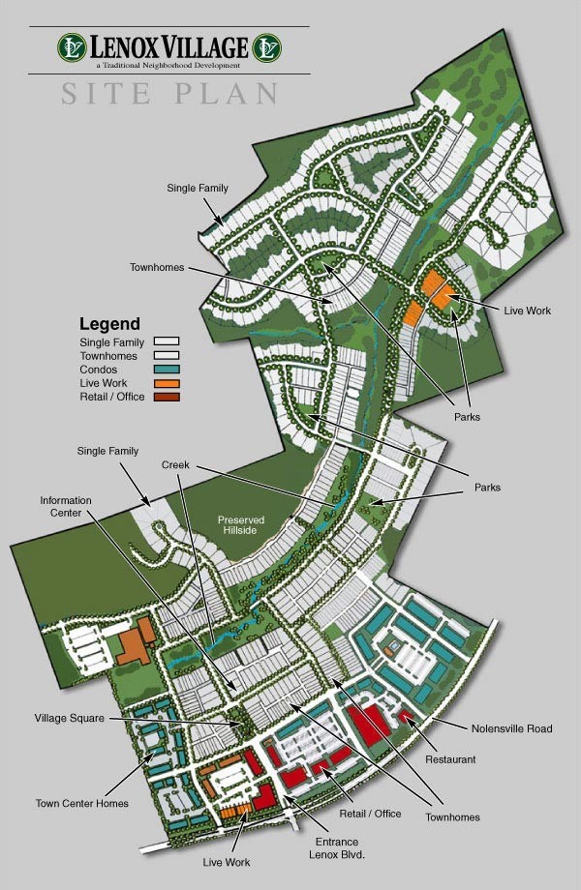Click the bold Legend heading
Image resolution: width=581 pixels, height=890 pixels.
[109, 324]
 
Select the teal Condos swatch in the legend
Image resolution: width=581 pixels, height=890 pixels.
[167, 370]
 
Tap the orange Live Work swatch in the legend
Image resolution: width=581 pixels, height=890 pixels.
[167, 383]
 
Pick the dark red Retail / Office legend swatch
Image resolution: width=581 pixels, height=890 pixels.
[167, 397]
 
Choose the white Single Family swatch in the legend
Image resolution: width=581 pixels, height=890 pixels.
[167, 342]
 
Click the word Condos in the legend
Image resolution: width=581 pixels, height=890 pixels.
[98, 370]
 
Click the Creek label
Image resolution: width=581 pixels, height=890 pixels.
[175, 466]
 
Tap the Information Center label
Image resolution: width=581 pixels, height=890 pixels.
[66, 506]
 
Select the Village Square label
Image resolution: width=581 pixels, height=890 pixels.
[70, 719]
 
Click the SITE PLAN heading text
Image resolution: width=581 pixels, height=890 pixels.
[170, 94]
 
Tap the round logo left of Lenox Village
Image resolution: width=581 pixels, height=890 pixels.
[73, 46]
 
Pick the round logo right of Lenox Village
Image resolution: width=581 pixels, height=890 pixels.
[266, 46]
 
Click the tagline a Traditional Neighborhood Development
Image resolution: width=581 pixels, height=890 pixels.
[169, 65]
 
